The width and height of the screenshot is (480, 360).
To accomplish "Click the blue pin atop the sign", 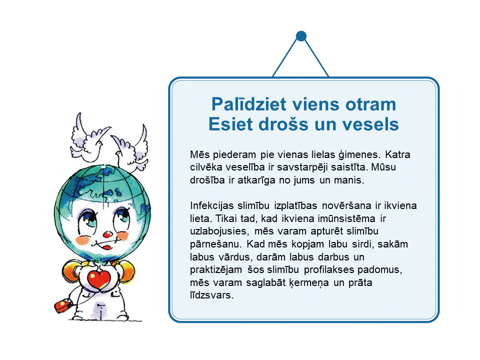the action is click(x=301, y=36).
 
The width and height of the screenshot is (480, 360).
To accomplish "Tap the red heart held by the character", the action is click(x=98, y=278).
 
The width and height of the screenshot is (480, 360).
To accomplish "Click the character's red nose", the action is click(x=107, y=235).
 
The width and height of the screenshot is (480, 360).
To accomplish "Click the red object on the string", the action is click(x=63, y=306).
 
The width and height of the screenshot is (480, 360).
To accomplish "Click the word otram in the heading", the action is click(x=370, y=104).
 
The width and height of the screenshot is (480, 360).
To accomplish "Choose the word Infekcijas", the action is click(x=212, y=205).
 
